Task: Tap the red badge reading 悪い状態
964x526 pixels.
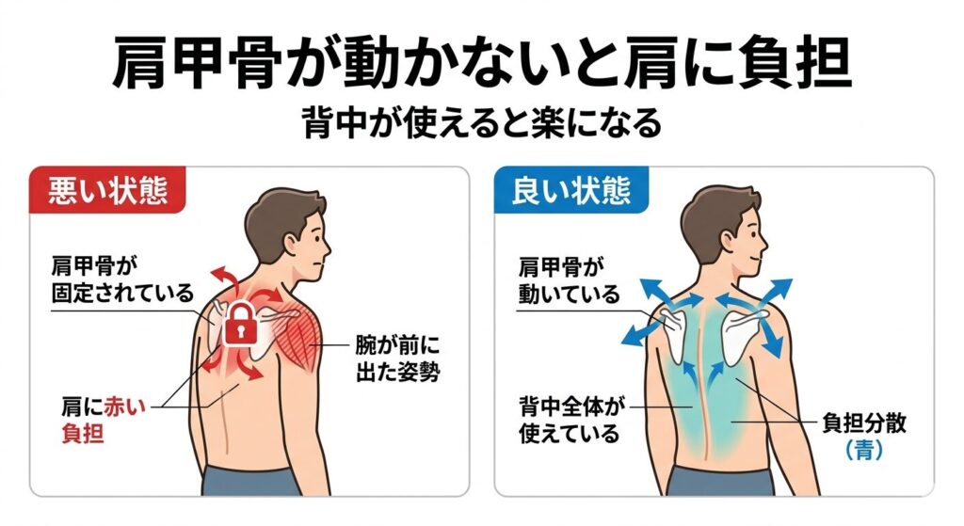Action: [98, 192]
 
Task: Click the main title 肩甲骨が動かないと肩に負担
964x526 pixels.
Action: [481, 63]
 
